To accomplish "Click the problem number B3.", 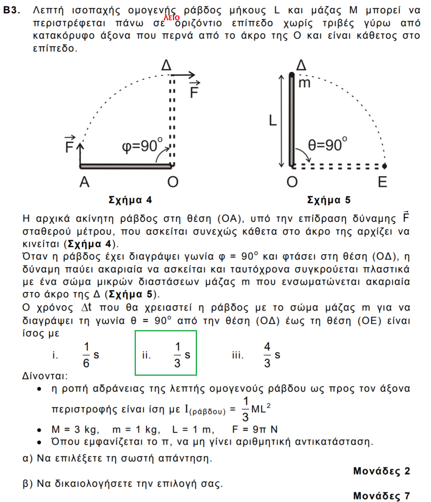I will pyautogui.click(x=12, y=11).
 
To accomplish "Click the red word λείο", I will pyautogui.click(x=171, y=18).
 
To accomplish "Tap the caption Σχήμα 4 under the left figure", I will pyautogui.click(x=130, y=200).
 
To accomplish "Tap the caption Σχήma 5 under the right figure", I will pyautogui.click(x=328, y=200).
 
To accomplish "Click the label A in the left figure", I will pyautogui.click(x=84, y=182).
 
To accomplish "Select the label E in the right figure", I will pyautogui.click(x=382, y=182).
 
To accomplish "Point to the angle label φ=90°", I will pyautogui.click(x=142, y=146).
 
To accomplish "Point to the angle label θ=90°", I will pyautogui.click(x=328, y=145).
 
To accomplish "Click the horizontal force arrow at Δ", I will pyautogui.click(x=183, y=75).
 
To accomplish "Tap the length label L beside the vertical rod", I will pyautogui.click(x=272, y=120).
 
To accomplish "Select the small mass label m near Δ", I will pyautogui.click(x=305, y=83).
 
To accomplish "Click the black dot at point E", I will pyautogui.click(x=384, y=166).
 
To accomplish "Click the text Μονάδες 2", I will pyautogui.click(x=381, y=471).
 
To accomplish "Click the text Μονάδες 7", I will pyautogui.click(x=381, y=496).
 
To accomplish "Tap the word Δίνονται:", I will pyautogui.click(x=44, y=376).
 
